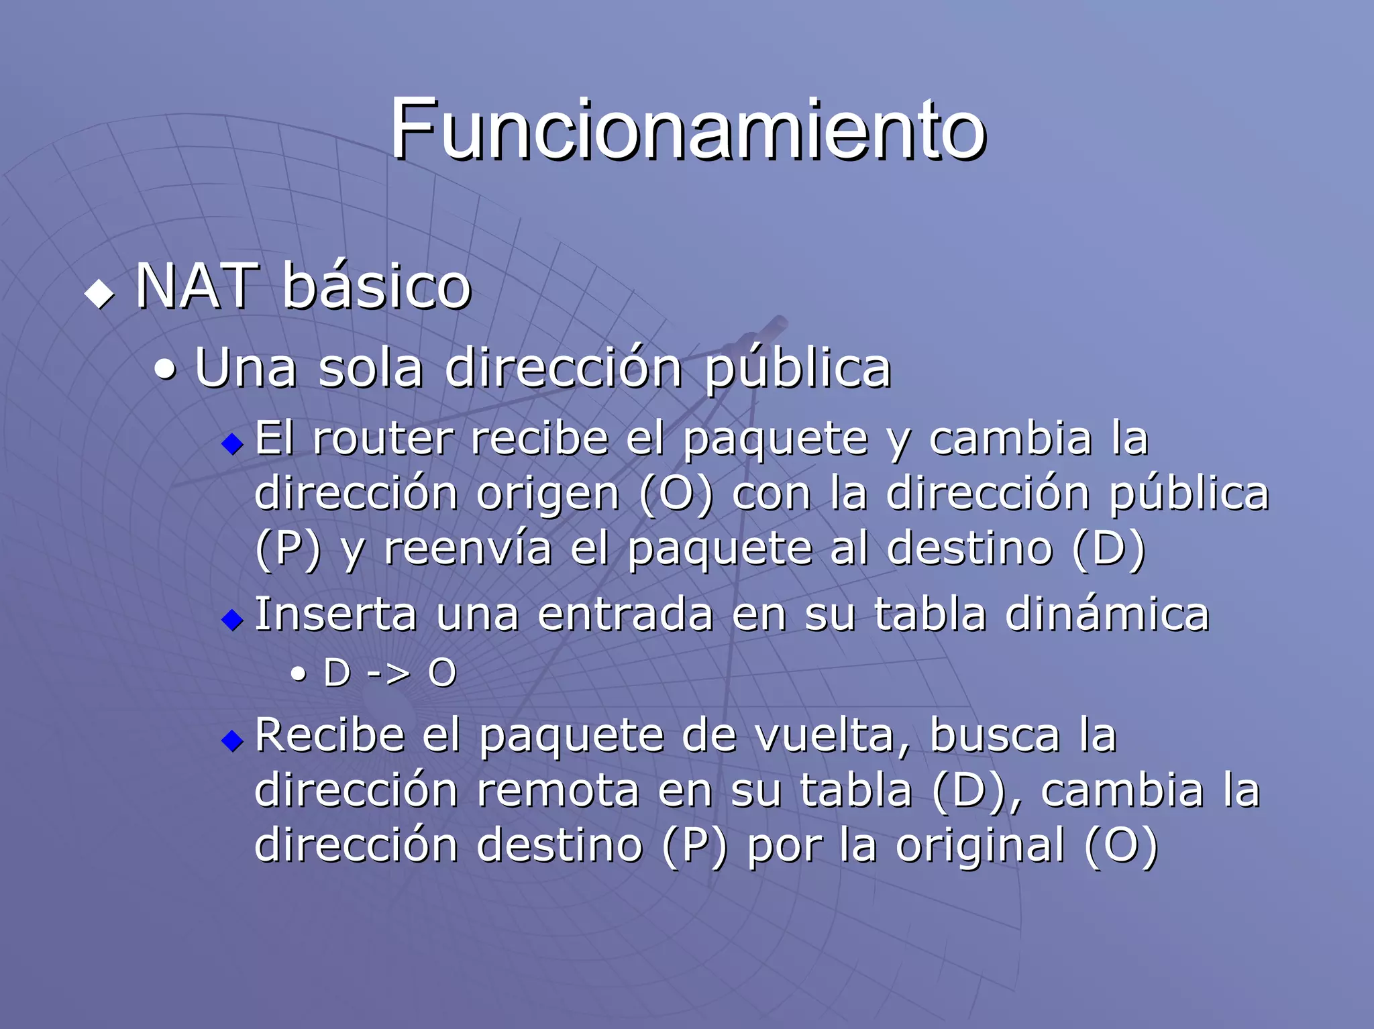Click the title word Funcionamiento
pos(688,129)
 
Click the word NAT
pos(197,286)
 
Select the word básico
pos(376,286)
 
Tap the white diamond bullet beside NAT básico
pos(99,294)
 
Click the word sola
pos(370,368)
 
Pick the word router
pos(382,439)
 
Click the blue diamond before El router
pos(232,443)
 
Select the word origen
pos(547,494)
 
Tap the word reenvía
pos(468,549)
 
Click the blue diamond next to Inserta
pos(232,619)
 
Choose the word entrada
pos(625,614)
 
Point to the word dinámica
pos(1107,614)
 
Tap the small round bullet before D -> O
pos(299,674)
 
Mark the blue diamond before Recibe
pos(232,741)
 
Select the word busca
pos(994,736)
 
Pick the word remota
pos(558,790)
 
